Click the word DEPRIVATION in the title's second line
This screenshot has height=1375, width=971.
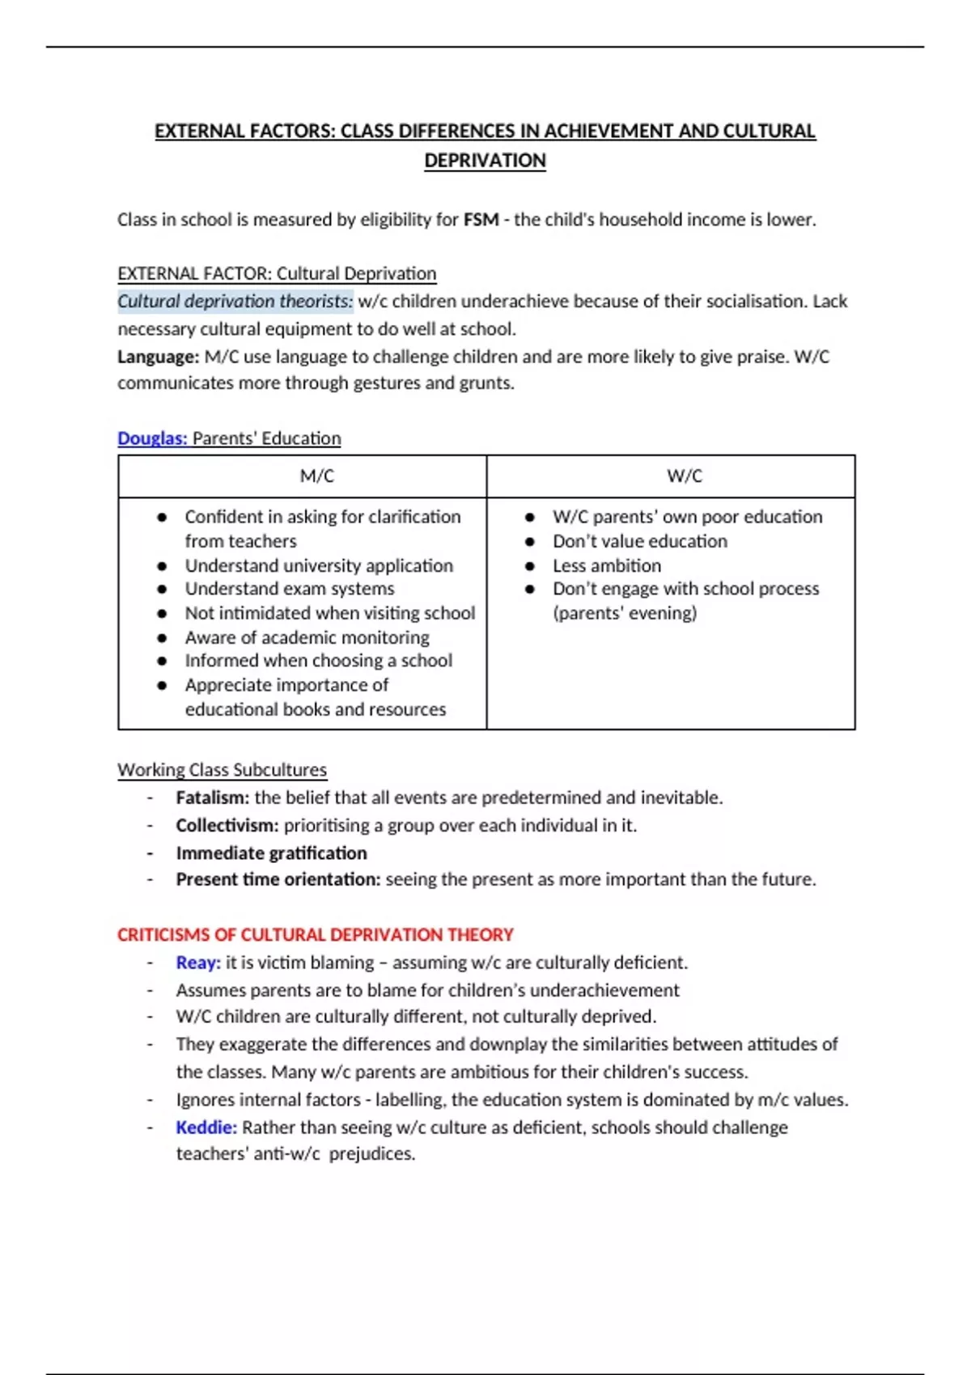pos(485,160)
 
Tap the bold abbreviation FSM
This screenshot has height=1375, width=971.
pos(481,219)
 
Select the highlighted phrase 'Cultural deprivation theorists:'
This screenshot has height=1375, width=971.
pos(235,301)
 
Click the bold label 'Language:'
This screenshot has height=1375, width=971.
pos(158,356)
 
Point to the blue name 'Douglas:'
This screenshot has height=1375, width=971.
pos(152,438)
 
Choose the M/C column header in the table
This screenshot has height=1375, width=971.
pos(316,476)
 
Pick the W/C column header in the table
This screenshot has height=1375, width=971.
pos(685,476)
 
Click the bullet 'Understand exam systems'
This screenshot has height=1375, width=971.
pos(289,588)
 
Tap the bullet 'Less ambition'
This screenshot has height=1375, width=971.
pos(606,565)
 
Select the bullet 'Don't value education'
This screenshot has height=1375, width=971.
pos(639,540)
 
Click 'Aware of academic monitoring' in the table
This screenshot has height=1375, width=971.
pos(307,637)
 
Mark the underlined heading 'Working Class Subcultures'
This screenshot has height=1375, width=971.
pos(222,769)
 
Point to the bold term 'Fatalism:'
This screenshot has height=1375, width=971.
pos(212,797)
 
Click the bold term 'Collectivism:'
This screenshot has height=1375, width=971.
pos(227,825)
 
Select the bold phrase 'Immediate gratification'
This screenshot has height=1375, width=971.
pos(271,852)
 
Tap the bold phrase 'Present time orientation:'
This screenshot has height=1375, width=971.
pos(278,879)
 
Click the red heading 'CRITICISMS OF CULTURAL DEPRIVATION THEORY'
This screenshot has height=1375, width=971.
pos(316,934)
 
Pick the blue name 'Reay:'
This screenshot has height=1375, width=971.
pos(198,962)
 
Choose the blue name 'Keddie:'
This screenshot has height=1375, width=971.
pos(206,1127)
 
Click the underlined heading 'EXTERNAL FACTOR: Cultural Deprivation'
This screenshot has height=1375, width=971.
pos(277,273)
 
